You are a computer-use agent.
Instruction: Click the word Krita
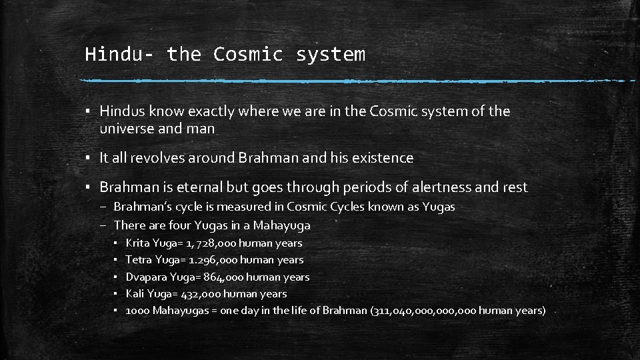click(137, 243)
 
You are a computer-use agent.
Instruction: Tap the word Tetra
click(138, 260)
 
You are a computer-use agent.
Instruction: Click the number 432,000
click(201, 293)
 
